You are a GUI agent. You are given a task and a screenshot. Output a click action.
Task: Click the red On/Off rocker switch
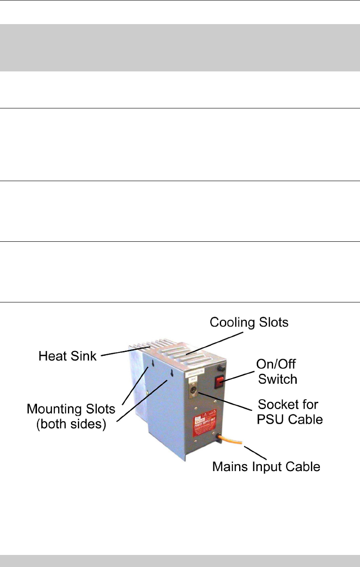220,379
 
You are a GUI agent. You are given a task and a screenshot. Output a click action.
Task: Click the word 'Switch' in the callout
281,379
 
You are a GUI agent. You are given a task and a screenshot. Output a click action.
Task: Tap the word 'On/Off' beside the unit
282,364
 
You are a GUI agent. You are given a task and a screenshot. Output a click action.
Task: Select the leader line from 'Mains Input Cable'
258,451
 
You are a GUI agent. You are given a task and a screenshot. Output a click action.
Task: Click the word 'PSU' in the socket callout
270,418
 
